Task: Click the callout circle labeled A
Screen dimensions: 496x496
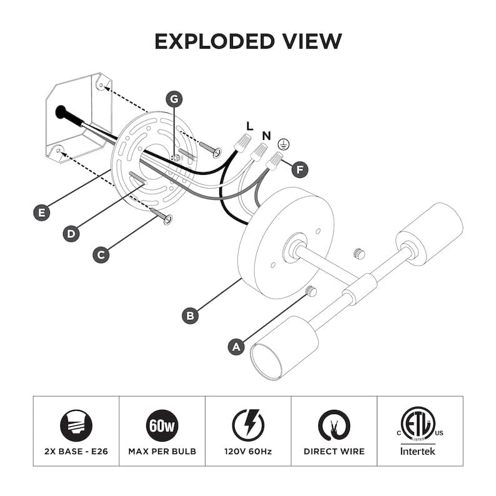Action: click(x=236, y=347)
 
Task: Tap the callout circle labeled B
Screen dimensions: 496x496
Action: click(x=191, y=315)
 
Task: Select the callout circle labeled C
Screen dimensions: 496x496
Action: click(x=101, y=255)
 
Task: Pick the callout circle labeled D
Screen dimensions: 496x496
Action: click(x=71, y=234)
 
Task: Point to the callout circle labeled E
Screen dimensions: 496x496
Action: click(x=42, y=212)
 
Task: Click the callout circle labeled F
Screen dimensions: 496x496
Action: click(x=300, y=169)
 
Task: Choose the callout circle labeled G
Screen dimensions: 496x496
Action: click(x=174, y=99)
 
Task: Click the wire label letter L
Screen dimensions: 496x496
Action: click(x=250, y=126)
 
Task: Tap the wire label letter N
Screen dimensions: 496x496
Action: click(x=267, y=136)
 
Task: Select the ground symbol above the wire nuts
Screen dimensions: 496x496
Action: click(x=284, y=144)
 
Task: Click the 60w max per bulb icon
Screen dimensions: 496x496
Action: click(x=162, y=425)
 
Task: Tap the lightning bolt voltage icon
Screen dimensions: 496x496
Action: click(x=248, y=425)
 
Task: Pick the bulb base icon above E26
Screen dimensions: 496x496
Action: click(x=76, y=425)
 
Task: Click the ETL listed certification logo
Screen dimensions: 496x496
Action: click(x=418, y=424)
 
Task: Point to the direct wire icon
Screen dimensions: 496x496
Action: click(x=334, y=425)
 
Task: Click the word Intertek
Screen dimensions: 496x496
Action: click(x=417, y=451)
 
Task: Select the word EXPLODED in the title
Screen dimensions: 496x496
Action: click(x=214, y=41)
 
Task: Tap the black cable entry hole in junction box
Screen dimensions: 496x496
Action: click(x=61, y=112)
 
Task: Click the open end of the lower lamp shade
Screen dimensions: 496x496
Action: click(x=266, y=362)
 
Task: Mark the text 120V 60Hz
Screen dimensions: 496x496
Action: click(x=248, y=452)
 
